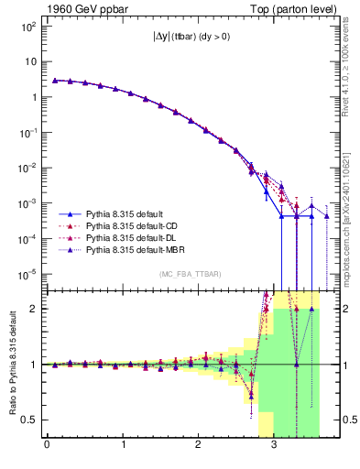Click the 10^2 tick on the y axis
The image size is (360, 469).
tap(27, 27)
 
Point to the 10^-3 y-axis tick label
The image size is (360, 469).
tap(27, 203)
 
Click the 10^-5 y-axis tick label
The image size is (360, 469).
tap(27, 274)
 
